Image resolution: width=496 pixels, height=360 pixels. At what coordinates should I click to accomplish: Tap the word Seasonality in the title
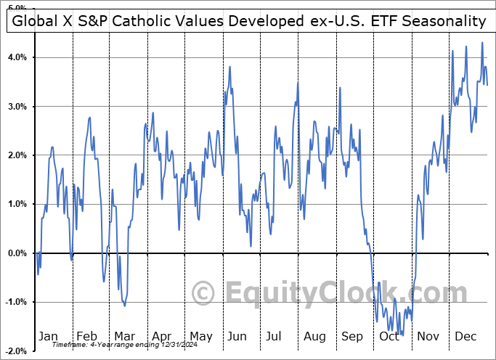tap(443, 21)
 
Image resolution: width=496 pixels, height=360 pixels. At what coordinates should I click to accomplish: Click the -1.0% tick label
tap(16, 302)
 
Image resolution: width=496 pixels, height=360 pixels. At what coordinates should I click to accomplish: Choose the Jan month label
tap(48, 336)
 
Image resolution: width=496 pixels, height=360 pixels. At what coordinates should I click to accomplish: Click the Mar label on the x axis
tap(124, 336)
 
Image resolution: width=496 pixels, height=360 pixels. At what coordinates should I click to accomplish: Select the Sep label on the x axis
tap(352, 336)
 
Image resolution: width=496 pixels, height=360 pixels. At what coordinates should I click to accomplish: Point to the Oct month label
tap(390, 336)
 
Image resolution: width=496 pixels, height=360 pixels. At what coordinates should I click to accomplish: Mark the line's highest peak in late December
tap(482, 42)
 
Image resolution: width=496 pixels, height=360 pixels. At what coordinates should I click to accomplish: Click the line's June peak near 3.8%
tap(230, 67)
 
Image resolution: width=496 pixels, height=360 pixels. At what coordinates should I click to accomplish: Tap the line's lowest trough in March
tap(125, 306)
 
